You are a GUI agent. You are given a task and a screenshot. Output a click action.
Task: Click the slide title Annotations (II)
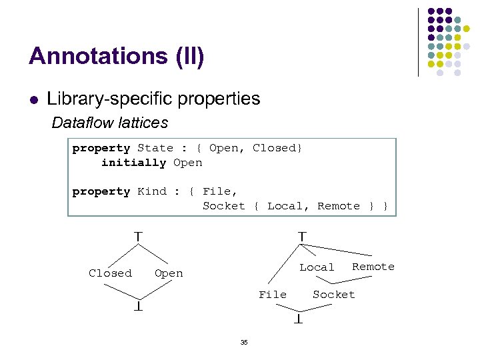click(x=117, y=56)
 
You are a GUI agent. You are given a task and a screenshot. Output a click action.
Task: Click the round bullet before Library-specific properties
click(x=33, y=101)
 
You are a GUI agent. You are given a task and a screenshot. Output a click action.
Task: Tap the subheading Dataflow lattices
click(x=110, y=123)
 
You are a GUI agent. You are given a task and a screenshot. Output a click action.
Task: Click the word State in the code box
click(x=155, y=148)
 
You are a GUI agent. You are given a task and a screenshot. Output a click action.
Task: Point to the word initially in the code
click(x=133, y=163)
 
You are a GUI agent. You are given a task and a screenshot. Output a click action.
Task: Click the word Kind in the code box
click(x=152, y=191)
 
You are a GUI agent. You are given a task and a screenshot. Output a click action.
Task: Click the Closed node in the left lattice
click(x=110, y=273)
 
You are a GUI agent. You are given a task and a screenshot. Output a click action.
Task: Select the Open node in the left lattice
click(x=169, y=273)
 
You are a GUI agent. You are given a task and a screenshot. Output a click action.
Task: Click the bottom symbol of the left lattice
click(x=139, y=307)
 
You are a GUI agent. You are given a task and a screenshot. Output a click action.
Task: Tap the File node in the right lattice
click(x=273, y=295)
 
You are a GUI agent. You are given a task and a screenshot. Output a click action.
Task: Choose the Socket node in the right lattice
click(x=334, y=295)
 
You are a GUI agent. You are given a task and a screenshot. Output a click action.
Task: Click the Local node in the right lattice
click(x=317, y=267)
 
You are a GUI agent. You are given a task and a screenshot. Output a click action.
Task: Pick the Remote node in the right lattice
click(x=373, y=267)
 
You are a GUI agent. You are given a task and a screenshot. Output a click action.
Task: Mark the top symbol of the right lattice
click(x=302, y=236)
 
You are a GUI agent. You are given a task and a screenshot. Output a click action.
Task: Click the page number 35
click(x=244, y=343)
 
